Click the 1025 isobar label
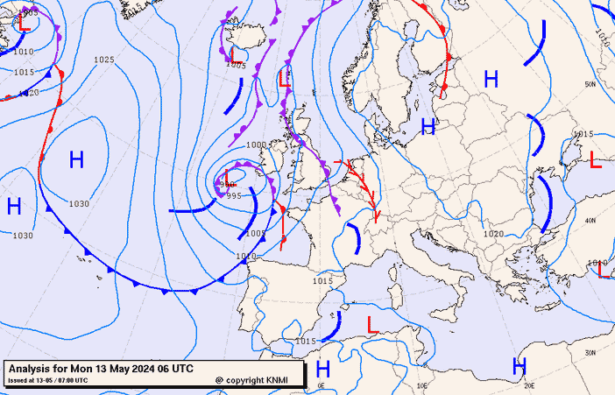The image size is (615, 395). [104, 60]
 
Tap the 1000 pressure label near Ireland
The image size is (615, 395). [257, 145]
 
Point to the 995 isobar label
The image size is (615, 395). [233, 195]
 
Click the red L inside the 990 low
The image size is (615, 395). [228, 177]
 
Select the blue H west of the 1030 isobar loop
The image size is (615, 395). [14, 207]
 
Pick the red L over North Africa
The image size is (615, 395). [371, 324]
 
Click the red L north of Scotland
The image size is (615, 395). [284, 79]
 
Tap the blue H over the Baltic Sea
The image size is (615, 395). [428, 127]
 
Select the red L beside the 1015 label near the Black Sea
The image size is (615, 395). [596, 159]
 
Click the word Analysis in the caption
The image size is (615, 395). [31, 369]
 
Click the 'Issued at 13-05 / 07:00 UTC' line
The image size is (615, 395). [47, 381]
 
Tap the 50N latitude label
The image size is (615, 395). [590, 84]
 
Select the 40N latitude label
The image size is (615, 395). [590, 220]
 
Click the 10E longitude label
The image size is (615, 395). [422, 384]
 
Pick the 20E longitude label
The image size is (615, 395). [529, 384]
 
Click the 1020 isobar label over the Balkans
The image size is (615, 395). [493, 234]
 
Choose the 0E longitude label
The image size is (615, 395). [321, 384]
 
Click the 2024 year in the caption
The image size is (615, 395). [142, 369]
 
